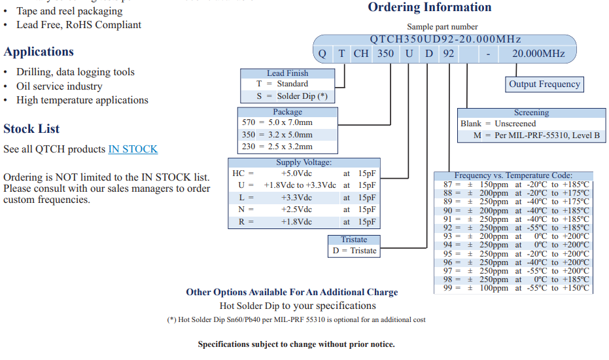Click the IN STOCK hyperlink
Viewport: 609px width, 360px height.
click(x=133, y=149)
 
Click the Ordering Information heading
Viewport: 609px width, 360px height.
click(x=429, y=7)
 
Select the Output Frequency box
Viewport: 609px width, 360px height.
click(x=544, y=84)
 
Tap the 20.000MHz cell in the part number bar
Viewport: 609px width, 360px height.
click(x=538, y=53)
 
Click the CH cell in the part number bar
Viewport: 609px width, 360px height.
click(x=361, y=53)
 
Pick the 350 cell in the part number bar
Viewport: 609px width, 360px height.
click(x=385, y=53)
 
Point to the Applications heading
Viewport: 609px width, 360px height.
click(x=39, y=52)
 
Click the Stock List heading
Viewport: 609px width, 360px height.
click(x=31, y=128)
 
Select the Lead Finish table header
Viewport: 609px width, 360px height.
click(x=287, y=73)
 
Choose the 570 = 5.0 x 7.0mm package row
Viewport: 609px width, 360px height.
click(x=277, y=122)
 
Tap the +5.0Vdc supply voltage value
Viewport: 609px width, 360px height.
click(x=296, y=173)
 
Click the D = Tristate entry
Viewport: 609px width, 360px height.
click(x=354, y=251)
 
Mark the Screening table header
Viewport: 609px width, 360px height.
click(x=531, y=113)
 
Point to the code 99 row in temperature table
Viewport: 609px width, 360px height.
click(x=513, y=288)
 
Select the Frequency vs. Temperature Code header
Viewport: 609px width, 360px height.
click(x=513, y=175)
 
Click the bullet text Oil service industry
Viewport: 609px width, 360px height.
click(x=60, y=86)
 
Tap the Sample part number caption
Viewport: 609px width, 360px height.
click(x=442, y=27)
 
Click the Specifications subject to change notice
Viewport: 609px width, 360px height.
click(x=296, y=344)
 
